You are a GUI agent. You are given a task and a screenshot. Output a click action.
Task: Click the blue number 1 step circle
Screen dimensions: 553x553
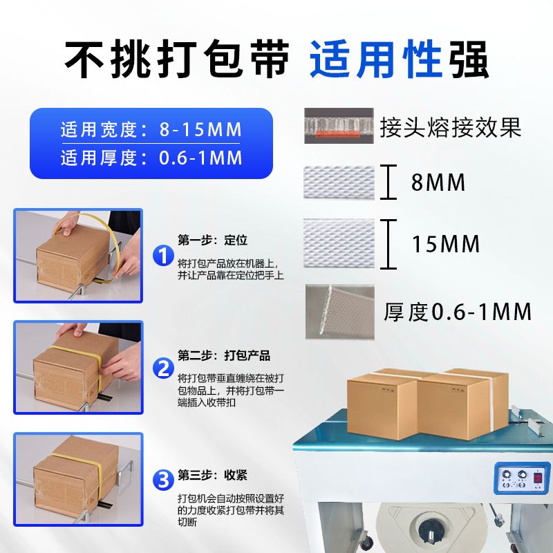[163, 256]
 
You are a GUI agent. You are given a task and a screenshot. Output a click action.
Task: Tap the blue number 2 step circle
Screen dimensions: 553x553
[163, 368]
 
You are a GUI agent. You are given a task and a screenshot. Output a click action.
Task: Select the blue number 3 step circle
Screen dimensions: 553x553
[163, 480]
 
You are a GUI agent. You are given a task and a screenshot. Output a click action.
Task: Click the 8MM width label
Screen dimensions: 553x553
[438, 182]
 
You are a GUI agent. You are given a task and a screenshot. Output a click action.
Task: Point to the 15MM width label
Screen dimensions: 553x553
[446, 244]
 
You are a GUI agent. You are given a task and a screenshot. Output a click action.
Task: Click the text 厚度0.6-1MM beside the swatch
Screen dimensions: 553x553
[458, 312]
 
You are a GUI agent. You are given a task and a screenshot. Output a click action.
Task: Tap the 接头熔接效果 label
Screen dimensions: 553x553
[451, 127]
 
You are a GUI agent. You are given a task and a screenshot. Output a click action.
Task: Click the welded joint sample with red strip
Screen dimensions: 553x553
[339, 126]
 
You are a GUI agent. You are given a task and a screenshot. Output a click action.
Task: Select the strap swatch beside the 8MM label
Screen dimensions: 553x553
[339, 182]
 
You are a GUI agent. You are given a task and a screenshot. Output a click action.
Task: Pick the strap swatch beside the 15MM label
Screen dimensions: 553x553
[339, 243]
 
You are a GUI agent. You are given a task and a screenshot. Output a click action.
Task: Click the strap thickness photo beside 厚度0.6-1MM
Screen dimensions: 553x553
[340, 312]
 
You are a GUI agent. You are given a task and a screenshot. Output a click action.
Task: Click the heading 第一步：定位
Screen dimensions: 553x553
[213, 240]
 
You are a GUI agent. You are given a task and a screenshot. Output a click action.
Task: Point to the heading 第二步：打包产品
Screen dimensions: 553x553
[224, 355]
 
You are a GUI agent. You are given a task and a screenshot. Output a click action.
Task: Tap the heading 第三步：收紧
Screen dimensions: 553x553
[213, 475]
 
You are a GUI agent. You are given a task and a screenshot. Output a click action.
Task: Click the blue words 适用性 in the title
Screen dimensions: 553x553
[376, 59]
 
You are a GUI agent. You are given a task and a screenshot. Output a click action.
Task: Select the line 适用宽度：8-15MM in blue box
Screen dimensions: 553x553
[151, 129]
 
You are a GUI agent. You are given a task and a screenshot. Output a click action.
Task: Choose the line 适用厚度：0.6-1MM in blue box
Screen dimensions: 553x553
[151, 158]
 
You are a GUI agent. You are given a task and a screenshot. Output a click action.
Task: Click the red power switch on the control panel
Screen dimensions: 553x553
[538, 478]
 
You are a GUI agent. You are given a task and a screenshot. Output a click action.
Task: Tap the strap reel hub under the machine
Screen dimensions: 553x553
[431, 529]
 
